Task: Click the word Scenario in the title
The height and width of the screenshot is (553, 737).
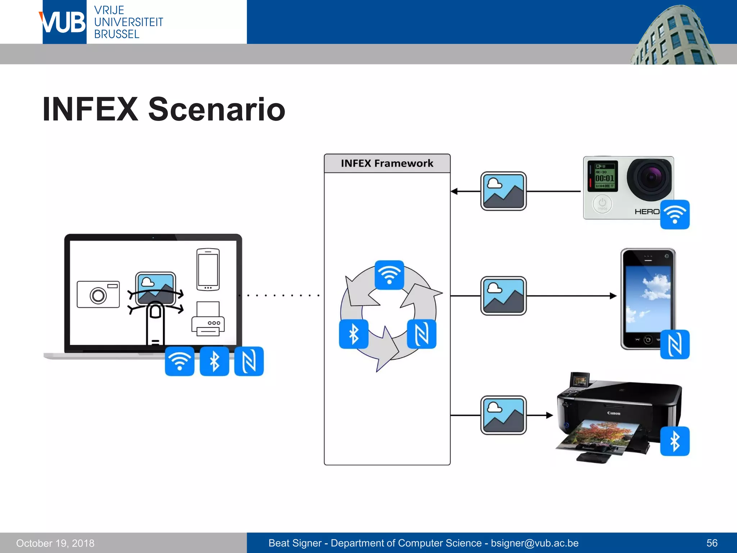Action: pos(217,109)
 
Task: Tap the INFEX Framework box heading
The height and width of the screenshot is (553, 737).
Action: pos(387,163)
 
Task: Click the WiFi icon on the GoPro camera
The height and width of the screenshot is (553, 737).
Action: pos(675,215)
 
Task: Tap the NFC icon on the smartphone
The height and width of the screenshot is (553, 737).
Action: pos(675,344)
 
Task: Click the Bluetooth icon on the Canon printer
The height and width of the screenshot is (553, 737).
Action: pos(675,441)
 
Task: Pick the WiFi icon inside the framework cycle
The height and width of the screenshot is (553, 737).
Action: pos(389,275)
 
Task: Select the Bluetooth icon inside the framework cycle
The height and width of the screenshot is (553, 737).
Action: pos(354,334)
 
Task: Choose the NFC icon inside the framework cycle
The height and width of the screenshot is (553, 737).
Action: pos(421,334)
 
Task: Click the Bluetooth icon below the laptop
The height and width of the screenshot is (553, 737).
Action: pos(214,361)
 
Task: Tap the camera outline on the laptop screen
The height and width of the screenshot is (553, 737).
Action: pos(98,295)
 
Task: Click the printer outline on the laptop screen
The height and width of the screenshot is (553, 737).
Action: pos(208,319)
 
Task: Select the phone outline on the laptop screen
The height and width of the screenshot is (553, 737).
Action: pos(208,269)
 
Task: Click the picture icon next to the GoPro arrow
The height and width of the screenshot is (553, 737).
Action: pos(503,191)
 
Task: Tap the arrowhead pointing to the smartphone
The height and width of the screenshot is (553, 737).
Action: pos(613,296)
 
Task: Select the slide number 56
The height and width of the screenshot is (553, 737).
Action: pos(712,543)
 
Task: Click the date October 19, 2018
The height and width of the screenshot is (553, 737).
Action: pos(55,543)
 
